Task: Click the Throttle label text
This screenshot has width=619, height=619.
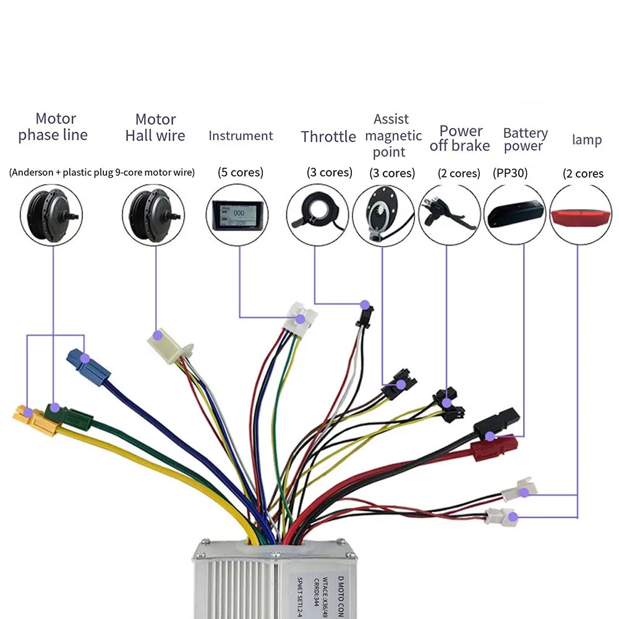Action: click(x=328, y=136)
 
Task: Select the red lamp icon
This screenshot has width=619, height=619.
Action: click(x=581, y=215)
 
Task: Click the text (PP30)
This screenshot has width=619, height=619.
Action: click(x=510, y=173)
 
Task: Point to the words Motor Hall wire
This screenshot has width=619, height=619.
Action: click(x=155, y=127)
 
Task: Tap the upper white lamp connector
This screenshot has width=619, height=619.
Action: click(x=518, y=490)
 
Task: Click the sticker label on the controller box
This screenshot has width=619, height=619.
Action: click(x=322, y=587)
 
